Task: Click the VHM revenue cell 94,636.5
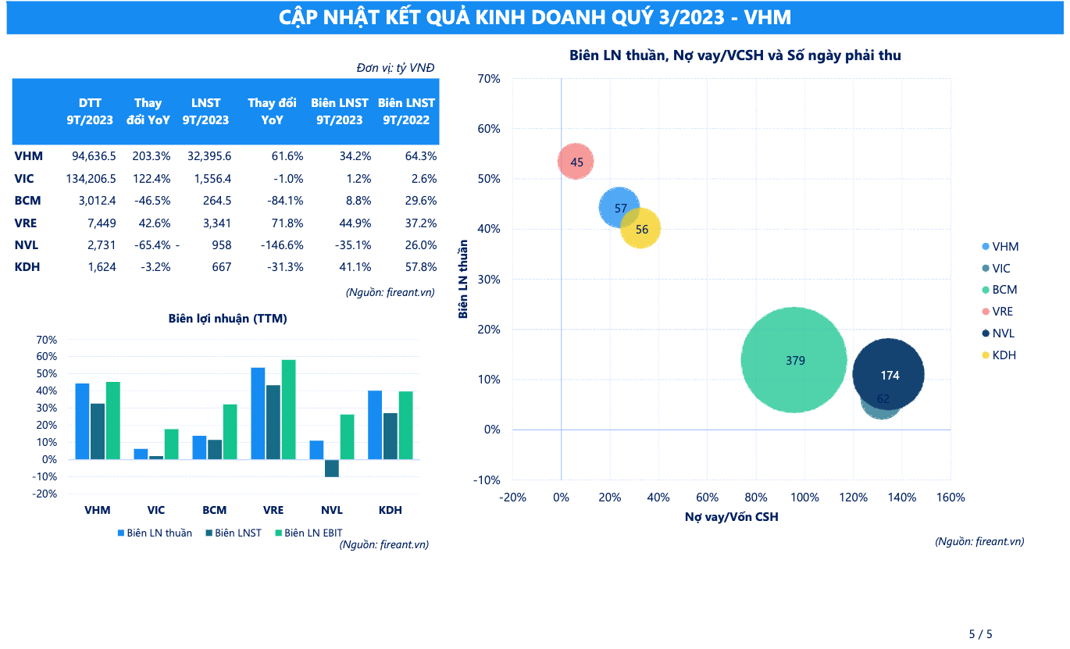coord(91,156)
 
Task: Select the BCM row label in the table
coord(27,201)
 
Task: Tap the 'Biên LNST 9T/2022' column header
coord(406,112)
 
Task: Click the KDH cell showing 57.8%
coord(420,267)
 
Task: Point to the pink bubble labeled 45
coord(576,162)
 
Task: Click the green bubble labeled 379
coord(794,360)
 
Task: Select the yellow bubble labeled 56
coord(641,229)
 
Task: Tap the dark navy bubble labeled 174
coord(889,375)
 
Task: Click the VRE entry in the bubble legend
coord(1002,312)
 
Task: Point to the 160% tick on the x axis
coord(951,497)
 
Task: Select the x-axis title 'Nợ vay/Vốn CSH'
coord(732,517)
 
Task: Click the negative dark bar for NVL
coord(332,468)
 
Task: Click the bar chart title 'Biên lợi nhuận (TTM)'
coord(227,319)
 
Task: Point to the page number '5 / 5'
coord(980,634)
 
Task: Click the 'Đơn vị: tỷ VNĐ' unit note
coord(395,68)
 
